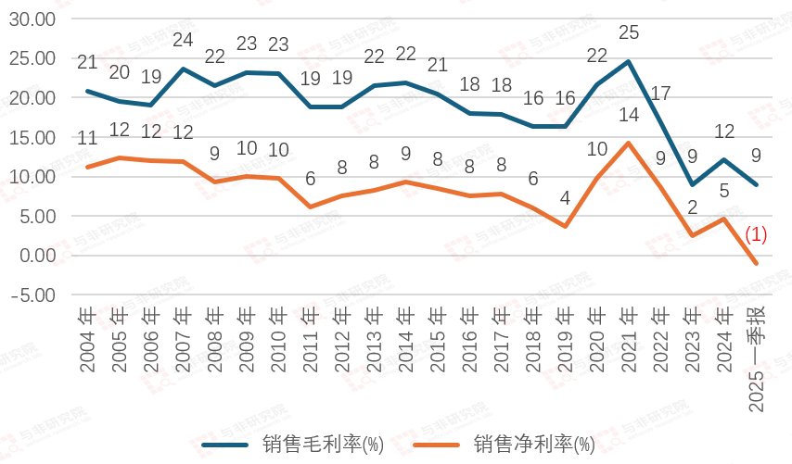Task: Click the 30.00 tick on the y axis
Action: [x=32, y=19]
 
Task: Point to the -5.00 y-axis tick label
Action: [x=33, y=295]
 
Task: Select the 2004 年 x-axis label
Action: [x=88, y=340]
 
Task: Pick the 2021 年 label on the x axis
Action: [x=629, y=340]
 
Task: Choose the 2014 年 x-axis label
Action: [x=406, y=340]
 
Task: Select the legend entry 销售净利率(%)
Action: [x=534, y=444]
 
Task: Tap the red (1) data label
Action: [x=756, y=235]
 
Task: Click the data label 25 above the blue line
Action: [x=629, y=33]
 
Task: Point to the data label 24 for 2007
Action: [x=183, y=41]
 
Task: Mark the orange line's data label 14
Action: [x=629, y=115]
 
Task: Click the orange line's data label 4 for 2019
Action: [x=565, y=197]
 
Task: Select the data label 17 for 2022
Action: [x=660, y=94]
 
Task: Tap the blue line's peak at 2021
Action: [x=629, y=61]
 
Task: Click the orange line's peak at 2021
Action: [x=629, y=143]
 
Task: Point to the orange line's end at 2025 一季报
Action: [x=756, y=264]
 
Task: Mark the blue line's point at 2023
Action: [x=692, y=184]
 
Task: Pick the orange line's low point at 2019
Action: [x=565, y=226]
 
